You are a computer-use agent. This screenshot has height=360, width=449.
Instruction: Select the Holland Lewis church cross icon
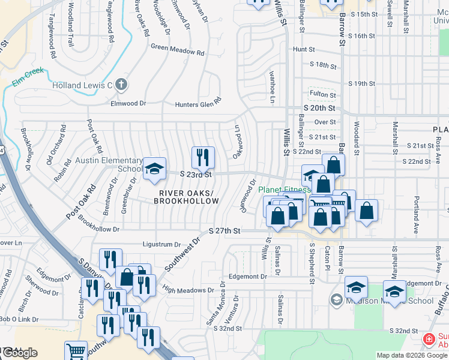[x=121, y=85]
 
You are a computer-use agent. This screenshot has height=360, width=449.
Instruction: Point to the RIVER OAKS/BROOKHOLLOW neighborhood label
[x=186, y=197]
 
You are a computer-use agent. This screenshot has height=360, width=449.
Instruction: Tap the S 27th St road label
[x=224, y=230]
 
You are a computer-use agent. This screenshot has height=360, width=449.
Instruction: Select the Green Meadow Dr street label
[x=177, y=50]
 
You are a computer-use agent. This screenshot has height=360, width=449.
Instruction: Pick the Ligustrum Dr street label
[x=161, y=244]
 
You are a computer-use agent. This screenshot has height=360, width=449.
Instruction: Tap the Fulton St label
[x=323, y=94]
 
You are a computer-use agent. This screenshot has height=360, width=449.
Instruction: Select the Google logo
[x=19, y=353]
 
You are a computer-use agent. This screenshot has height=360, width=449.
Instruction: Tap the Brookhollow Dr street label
[x=99, y=229]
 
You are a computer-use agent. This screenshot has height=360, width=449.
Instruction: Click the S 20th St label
[x=318, y=108]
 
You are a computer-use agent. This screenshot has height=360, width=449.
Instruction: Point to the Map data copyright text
[x=412, y=355]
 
